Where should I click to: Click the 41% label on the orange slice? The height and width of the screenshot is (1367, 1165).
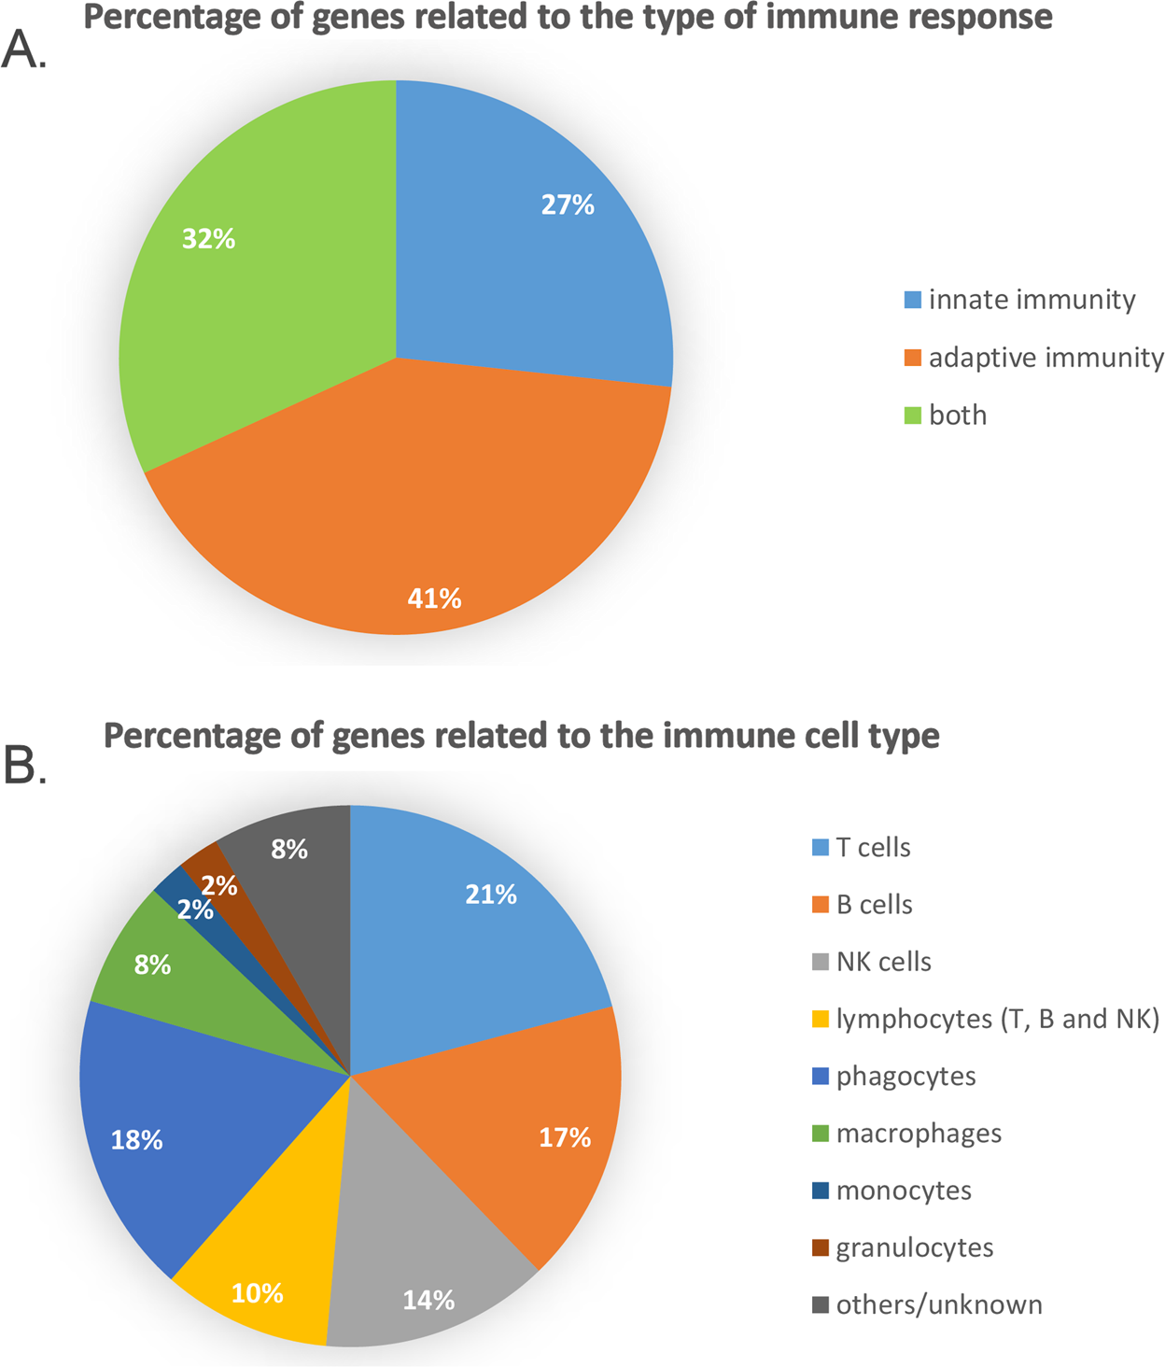[x=434, y=599]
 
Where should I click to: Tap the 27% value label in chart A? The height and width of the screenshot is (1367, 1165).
[x=568, y=204]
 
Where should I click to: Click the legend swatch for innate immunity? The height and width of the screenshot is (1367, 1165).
[x=913, y=300]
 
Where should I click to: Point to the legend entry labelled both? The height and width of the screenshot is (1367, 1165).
[x=957, y=415]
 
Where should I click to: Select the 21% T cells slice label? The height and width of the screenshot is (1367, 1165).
[x=491, y=895]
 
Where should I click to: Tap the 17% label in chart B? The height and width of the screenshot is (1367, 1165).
[x=565, y=1137]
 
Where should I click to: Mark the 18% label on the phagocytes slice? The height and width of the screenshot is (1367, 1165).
[x=136, y=1140]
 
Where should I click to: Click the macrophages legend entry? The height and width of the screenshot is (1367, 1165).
[x=919, y=1134]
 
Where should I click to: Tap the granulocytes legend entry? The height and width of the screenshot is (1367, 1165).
[x=914, y=1247]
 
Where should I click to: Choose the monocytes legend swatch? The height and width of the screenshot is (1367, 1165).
[x=821, y=1191]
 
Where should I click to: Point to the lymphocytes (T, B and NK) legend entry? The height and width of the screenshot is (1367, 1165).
[x=997, y=1019]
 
